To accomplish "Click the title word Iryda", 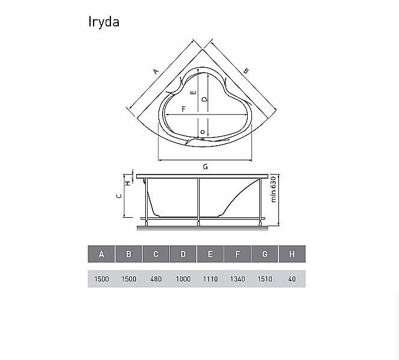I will click(104, 22).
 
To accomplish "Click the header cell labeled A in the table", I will click(101, 254).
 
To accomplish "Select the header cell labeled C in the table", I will click(155, 254).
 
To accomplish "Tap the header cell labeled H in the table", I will click(292, 254).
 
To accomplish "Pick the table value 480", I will click(155, 279).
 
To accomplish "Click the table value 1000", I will click(183, 279).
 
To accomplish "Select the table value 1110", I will click(210, 279).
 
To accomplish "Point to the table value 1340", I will click(238, 279).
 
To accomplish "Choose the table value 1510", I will click(265, 279).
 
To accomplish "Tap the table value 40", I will click(292, 279).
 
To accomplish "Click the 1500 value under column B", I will click(128, 279).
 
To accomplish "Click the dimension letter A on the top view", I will click(155, 71).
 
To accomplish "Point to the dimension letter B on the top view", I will click(245, 71).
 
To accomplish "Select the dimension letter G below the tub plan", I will click(205, 166).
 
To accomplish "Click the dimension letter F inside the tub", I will click(183, 108).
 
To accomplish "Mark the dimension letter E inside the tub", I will click(193, 93).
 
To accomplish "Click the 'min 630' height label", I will click(273, 189).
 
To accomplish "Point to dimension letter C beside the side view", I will click(119, 196).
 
